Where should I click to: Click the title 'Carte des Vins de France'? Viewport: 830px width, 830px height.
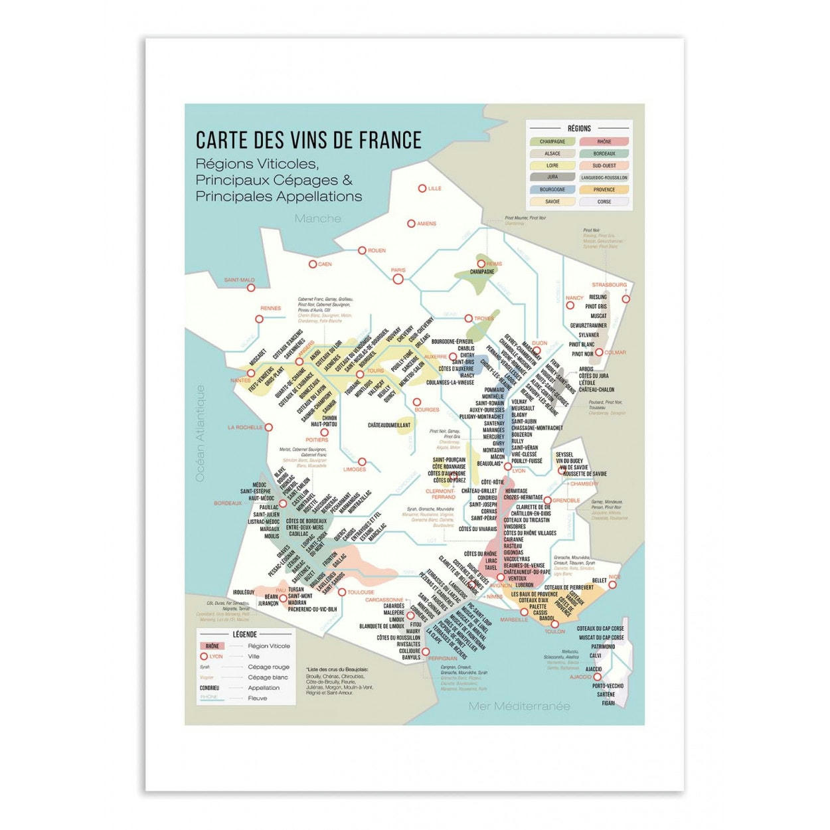coord(308,140)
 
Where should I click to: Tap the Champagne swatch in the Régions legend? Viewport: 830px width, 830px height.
coord(552,141)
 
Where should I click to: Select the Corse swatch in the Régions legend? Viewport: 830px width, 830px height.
coord(604,202)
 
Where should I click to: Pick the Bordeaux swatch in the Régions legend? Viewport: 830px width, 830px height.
coord(604,153)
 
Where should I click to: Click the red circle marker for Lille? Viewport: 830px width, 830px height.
coord(422,189)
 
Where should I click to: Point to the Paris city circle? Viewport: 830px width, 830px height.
coord(398,280)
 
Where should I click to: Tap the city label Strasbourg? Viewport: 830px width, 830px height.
coord(609,285)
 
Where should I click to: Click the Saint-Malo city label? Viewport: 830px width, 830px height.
coord(239,280)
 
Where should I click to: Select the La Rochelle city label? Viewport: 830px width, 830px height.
coord(245,428)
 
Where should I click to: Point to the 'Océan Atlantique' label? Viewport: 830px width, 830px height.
coord(200,433)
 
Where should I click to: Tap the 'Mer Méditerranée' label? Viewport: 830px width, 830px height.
coord(519,706)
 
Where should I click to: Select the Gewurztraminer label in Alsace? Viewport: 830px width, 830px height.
coord(588,325)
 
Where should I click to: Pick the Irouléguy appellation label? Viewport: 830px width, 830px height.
coord(244,592)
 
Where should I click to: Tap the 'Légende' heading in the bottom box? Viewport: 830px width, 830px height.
coord(244,635)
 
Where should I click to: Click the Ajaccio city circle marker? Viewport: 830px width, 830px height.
coord(597,677)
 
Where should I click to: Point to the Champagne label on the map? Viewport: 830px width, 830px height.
coord(482,272)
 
